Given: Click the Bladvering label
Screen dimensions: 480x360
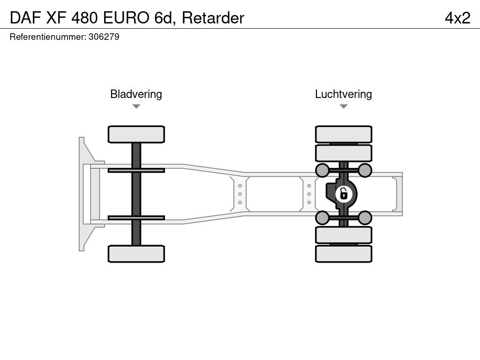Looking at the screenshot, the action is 136,94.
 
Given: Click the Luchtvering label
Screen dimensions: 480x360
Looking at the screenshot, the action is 344,94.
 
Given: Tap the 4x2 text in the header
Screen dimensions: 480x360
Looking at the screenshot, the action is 457,18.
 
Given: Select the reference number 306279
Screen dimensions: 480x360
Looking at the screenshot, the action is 104,37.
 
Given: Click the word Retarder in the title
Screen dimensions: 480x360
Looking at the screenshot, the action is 213,18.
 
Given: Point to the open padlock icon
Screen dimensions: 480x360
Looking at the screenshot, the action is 344,194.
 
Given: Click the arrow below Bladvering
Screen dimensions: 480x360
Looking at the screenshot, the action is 136,106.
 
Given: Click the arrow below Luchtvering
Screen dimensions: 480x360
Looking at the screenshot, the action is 344,106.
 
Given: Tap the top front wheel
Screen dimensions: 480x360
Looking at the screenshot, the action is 136,135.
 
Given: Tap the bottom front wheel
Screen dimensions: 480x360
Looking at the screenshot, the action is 136,254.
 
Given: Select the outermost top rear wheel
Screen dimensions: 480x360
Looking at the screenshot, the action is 344,135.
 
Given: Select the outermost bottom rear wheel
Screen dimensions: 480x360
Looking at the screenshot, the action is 344,254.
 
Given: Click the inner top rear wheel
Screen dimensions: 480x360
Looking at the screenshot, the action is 344,153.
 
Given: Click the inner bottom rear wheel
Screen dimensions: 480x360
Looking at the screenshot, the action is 344,235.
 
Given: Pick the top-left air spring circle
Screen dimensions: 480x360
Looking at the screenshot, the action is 322,170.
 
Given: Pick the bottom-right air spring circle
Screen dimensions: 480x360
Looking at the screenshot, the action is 365,217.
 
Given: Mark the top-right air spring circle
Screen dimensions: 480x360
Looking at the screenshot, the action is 365,170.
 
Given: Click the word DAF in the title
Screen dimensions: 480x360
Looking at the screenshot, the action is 26,18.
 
